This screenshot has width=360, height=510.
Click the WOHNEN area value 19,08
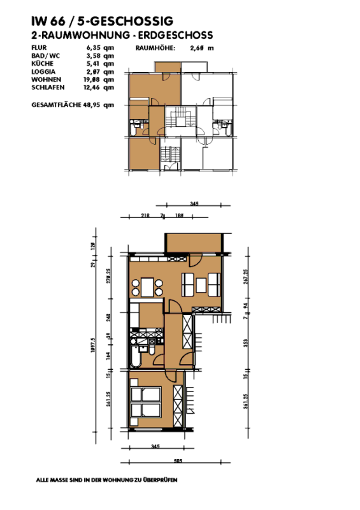click(x=94, y=79)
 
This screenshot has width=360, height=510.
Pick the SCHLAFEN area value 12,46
click(x=94, y=87)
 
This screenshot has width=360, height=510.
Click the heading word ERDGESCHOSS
click(x=175, y=36)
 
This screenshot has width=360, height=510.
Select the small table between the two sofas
click(x=199, y=284)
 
